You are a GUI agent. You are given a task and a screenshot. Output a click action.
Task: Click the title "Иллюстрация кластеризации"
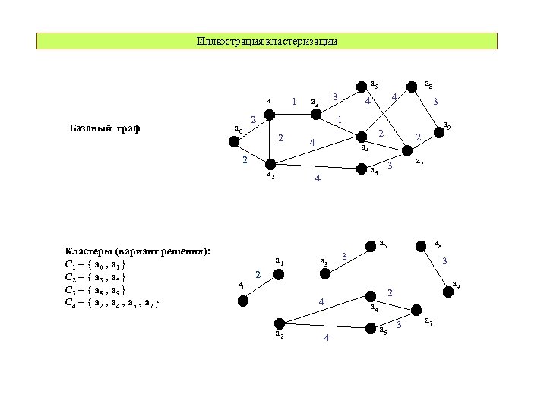267,41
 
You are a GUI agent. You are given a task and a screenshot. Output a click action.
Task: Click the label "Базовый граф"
98,128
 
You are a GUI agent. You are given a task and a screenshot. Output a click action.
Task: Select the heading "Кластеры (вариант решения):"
138,251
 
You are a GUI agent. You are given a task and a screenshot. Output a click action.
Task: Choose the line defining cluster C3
96,290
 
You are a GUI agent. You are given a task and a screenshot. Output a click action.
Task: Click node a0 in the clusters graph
243,301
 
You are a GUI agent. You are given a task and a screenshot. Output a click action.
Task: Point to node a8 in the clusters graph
419,245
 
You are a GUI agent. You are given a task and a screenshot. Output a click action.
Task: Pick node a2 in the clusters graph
280,322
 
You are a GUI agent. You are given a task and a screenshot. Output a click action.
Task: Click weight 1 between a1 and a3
294,102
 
